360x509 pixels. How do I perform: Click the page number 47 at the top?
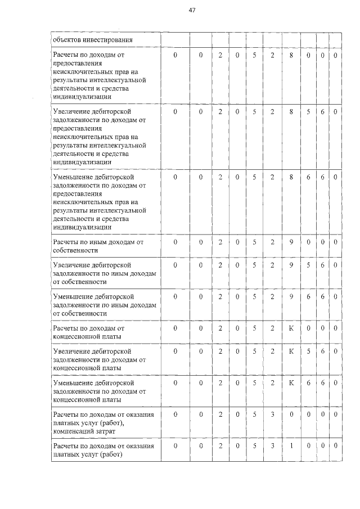point(192,10)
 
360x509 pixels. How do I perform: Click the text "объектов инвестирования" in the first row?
point(92,40)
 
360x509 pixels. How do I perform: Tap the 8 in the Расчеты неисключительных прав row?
point(291,56)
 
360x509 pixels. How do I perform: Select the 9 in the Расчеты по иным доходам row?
point(291,242)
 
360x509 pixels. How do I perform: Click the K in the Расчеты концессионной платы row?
point(291,327)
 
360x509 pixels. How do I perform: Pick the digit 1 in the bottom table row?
point(291,445)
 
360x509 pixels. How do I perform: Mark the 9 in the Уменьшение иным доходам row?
point(291,296)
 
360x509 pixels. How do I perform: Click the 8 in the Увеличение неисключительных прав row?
point(291,111)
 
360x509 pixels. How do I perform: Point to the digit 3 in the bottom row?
point(272,445)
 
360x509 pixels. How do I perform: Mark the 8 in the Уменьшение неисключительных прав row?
point(291,177)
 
